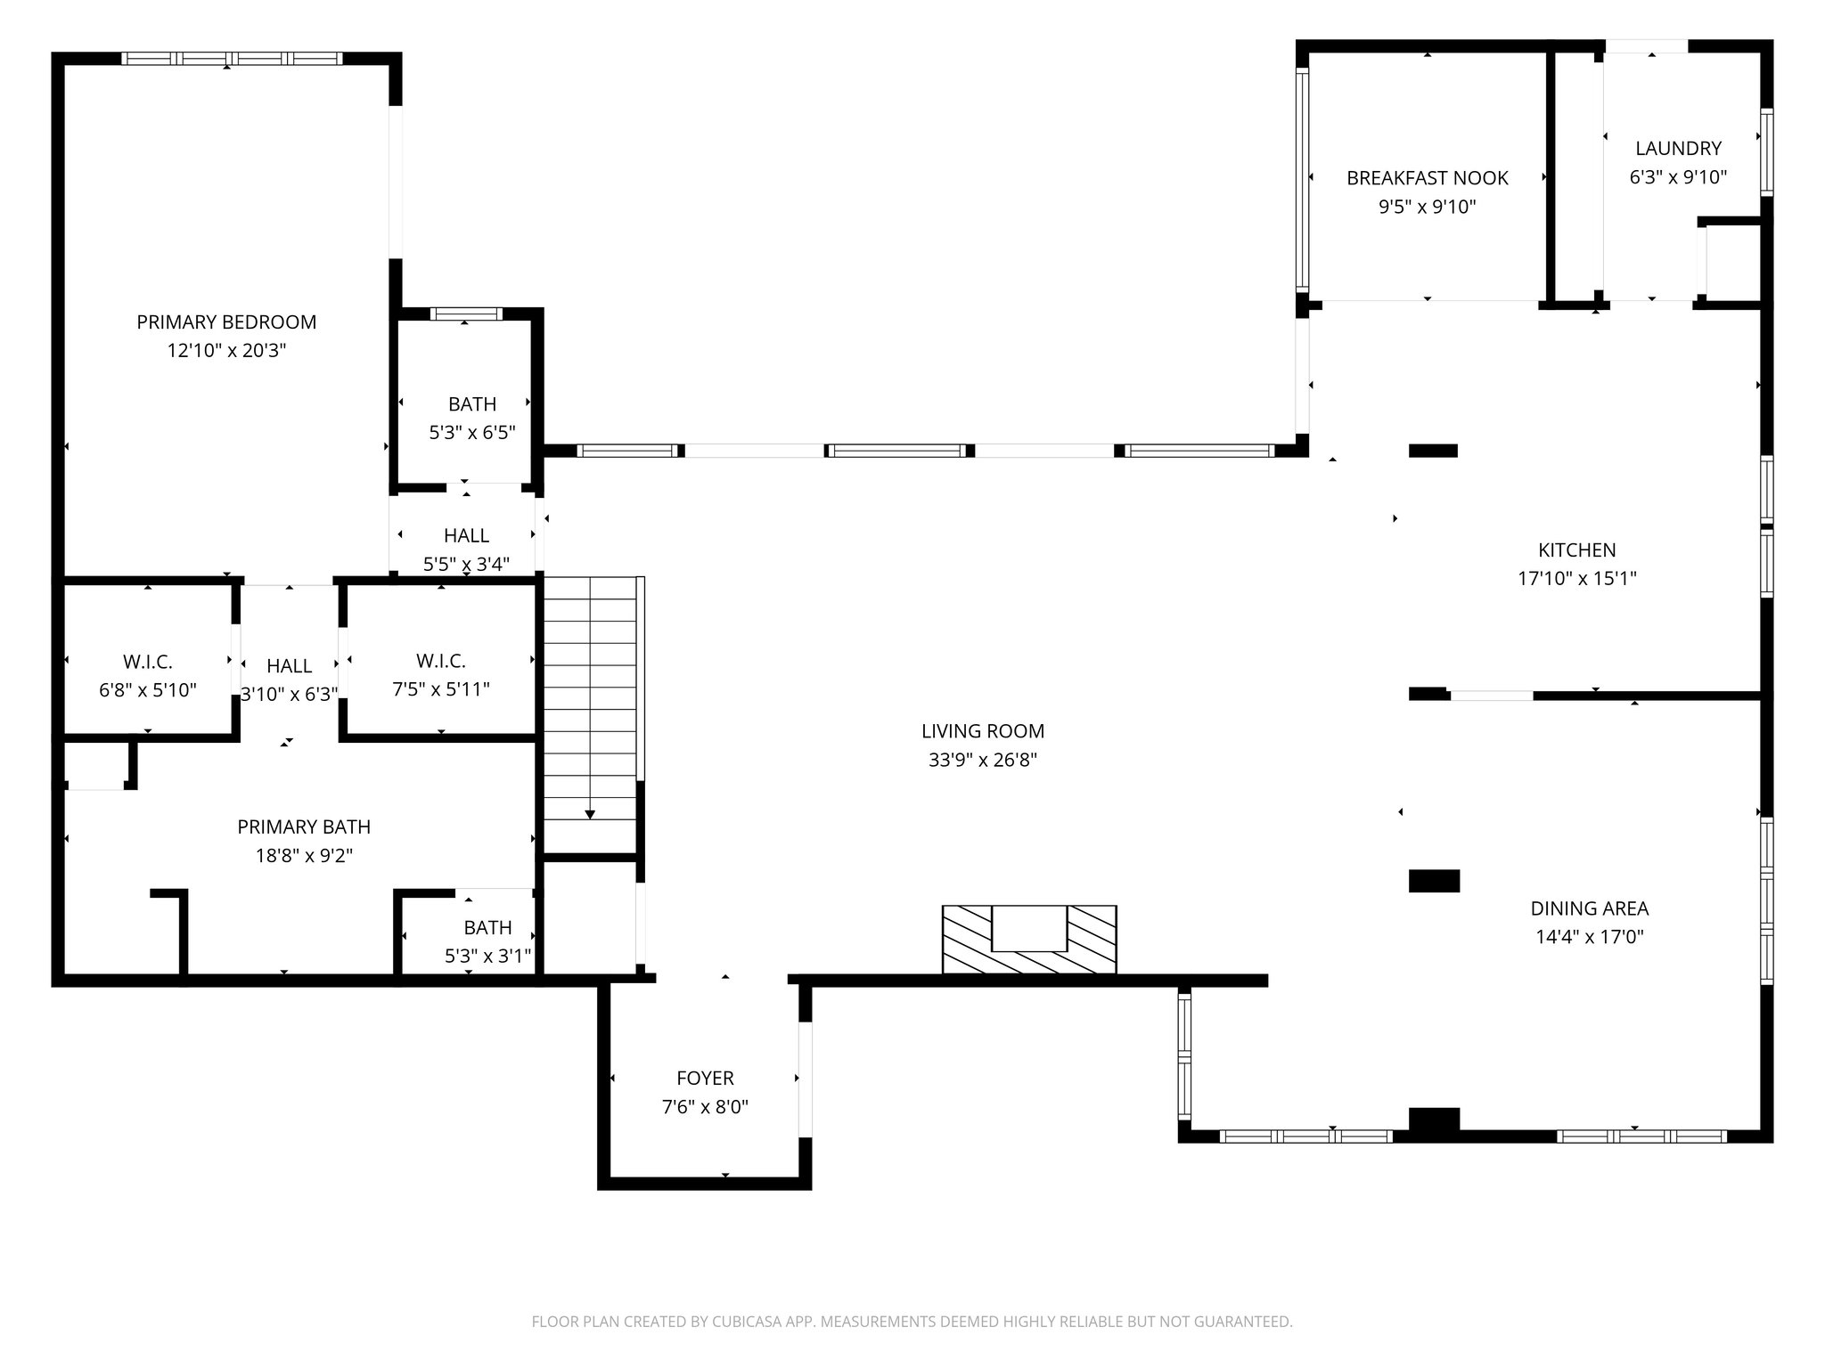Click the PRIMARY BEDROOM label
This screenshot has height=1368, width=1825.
[x=226, y=322]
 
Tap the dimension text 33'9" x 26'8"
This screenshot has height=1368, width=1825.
[x=982, y=760]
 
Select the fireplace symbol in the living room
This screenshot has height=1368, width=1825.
[x=1029, y=939]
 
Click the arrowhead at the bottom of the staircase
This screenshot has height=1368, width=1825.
[x=589, y=814]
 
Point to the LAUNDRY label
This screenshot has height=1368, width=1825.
[x=1678, y=148]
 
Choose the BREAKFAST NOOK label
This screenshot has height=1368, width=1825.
[x=1427, y=178]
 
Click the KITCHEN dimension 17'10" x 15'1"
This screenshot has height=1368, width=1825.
[x=1576, y=579]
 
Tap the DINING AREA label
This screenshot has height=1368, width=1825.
[x=1589, y=908]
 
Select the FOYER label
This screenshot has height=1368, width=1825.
[x=705, y=1079]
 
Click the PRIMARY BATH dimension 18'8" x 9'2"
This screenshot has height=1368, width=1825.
[x=304, y=856]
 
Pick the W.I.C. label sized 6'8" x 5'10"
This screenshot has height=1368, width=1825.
[x=148, y=662]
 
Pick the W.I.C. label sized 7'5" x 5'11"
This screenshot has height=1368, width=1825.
[x=440, y=661]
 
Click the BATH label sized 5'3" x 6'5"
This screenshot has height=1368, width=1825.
[x=471, y=404]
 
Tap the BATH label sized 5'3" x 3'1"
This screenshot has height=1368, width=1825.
[x=487, y=927]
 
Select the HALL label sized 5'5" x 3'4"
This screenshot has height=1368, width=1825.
[x=466, y=535]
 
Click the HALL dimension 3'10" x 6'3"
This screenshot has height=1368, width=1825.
[x=289, y=694]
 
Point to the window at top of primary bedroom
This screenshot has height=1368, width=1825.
[x=232, y=59]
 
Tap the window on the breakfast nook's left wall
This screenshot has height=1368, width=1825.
[x=1302, y=178]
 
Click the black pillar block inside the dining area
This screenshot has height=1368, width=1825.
[x=1434, y=881]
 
